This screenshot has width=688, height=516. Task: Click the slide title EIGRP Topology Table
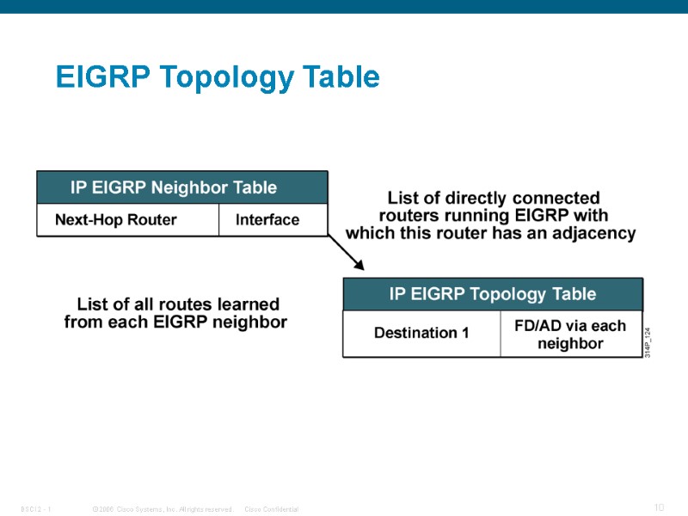[x=218, y=77]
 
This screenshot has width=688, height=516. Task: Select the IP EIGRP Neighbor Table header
[x=181, y=187]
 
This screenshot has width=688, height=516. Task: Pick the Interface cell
[x=267, y=220]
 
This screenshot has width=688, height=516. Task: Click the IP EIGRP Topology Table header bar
[x=493, y=294]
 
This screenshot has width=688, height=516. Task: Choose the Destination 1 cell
[x=421, y=333]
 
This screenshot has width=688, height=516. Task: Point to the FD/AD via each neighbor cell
[x=570, y=335]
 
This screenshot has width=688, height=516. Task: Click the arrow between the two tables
[x=347, y=253]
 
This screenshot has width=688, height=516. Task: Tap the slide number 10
[x=659, y=508]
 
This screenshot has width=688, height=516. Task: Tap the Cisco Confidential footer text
[x=272, y=510]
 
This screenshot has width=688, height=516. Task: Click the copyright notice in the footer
[x=162, y=510]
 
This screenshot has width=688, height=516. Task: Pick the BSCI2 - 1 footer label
[x=37, y=510]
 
